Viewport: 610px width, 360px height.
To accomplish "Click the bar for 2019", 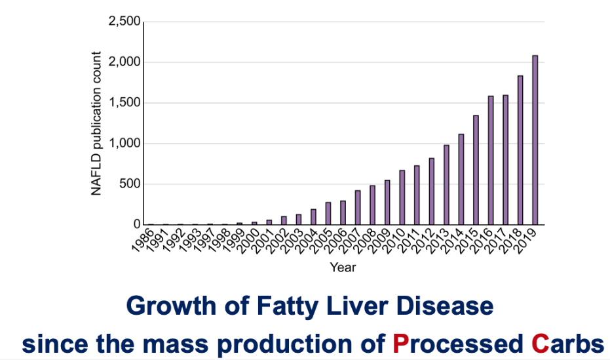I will (x=535, y=140).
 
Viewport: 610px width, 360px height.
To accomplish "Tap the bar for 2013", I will (x=446, y=185).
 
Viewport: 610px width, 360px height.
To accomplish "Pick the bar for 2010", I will (x=402, y=197).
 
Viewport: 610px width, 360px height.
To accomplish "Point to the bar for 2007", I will (x=358, y=207).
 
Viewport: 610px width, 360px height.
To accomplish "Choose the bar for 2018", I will (x=520, y=150).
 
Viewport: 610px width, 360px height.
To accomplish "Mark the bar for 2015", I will (x=476, y=170).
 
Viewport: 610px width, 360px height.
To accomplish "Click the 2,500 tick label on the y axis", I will (x=123, y=22).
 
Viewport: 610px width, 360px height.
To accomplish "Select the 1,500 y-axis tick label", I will (x=123, y=103).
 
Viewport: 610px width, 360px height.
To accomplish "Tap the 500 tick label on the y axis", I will (x=129, y=184).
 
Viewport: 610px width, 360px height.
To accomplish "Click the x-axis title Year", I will (x=343, y=267).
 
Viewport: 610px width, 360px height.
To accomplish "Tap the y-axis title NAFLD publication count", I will (x=97, y=123).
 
